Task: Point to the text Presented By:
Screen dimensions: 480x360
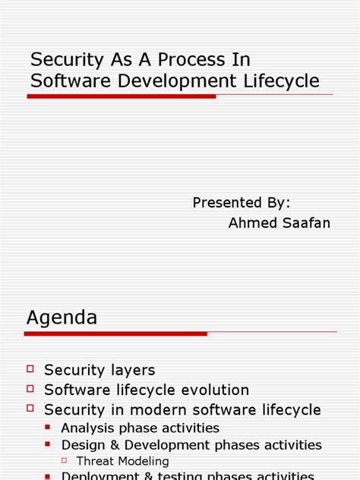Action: (x=242, y=203)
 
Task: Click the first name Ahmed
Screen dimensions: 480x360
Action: (x=254, y=223)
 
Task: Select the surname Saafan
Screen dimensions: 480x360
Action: (x=307, y=223)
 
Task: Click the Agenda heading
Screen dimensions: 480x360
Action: (x=62, y=317)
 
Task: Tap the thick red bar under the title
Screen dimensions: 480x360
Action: (x=122, y=96)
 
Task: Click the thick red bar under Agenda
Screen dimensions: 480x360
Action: (x=116, y=333)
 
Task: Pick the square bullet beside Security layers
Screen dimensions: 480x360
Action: (x=30, y=368)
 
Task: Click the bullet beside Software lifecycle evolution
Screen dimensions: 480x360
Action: (x=30, y=388)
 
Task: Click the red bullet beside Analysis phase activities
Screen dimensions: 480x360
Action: (x=49, y=427)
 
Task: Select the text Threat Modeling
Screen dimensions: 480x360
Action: (x=123, y=461)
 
